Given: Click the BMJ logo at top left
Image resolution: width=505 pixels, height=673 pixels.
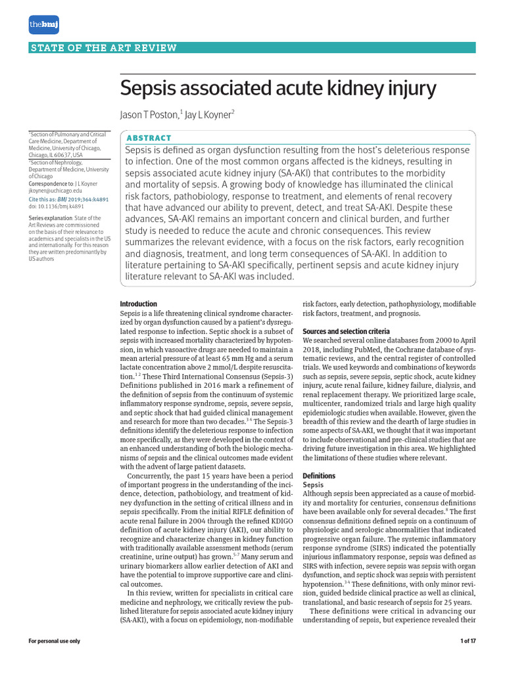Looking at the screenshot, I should tap(43, 24).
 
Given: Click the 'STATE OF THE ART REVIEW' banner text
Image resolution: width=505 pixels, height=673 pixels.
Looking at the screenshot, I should tap(103, 48).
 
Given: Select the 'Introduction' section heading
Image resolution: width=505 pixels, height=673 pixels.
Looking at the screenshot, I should tap(138, 304).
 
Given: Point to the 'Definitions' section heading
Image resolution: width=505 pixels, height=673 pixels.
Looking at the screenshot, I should tap(318, 475).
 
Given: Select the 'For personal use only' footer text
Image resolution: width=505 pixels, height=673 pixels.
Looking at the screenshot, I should tap(55, 641).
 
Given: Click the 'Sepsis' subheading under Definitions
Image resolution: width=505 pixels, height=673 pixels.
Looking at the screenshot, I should tap(314, 484).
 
